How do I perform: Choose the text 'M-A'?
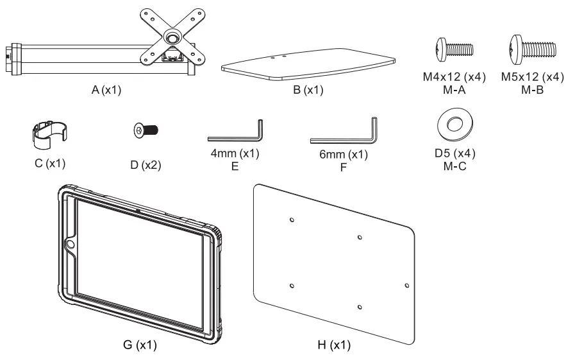coord(454,89)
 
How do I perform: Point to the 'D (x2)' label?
coord(146,164)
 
